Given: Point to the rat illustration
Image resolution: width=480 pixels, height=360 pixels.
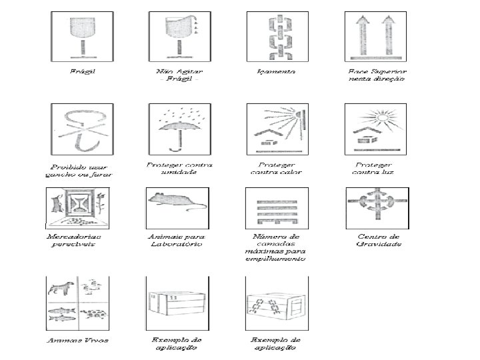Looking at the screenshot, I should tap(175, 200).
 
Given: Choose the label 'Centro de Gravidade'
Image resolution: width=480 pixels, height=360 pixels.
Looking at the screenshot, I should tap(379, 241).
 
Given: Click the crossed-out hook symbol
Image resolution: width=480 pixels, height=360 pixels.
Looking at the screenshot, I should tap(81, 130).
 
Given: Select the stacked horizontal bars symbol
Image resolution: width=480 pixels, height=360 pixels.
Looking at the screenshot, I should tap(277, 207).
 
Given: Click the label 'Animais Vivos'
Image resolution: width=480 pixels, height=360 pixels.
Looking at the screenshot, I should tap(77, 339).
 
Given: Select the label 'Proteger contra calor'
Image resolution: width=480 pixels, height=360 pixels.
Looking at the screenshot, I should tap(276, 167).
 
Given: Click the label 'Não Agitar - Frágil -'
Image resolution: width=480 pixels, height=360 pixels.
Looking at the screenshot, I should tap(179, 74).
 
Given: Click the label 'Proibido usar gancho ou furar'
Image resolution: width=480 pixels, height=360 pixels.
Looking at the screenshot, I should tap(79, 171).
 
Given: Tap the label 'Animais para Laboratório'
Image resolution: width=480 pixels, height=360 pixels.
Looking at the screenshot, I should tap(177, 240).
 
